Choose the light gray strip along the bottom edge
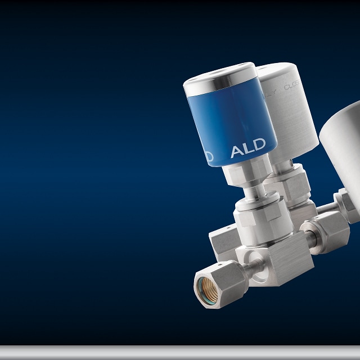180,352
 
